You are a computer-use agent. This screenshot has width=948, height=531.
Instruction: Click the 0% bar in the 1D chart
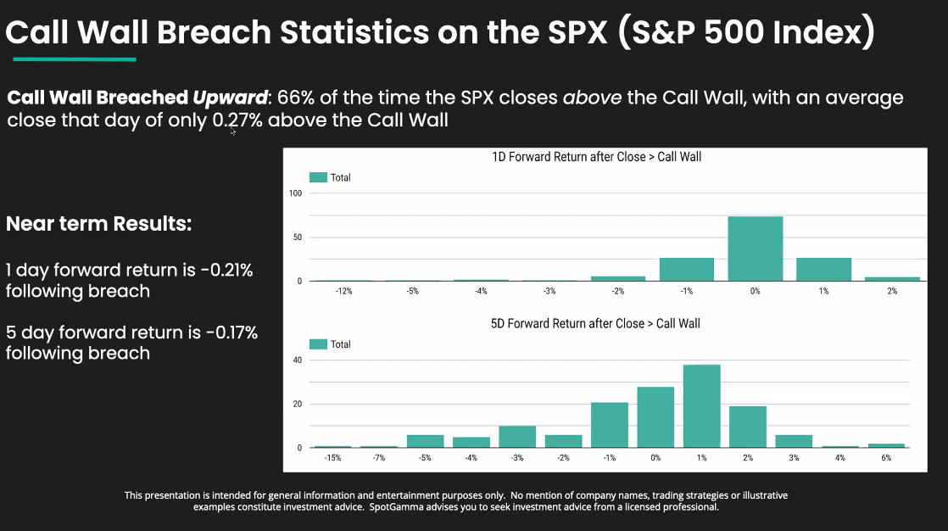click(x=755, y=249)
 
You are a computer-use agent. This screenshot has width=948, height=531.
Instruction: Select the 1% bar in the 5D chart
click(x=702, y=406)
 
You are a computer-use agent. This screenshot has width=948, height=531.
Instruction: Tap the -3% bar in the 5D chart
click(x=517, y=437)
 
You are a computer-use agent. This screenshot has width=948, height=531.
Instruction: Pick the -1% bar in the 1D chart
click(x=686, y=269)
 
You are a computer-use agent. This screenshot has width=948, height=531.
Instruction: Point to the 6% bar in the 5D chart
click(x=886, y=445)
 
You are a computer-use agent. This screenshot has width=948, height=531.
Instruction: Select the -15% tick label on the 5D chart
click(x=332, y=458)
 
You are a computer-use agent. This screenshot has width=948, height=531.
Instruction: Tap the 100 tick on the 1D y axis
click(x=296, y=193)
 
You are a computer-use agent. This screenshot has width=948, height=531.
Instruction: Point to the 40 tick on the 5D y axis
click(x=298, y=360)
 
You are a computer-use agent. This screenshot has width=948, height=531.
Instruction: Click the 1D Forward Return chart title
click(x=597, y=157)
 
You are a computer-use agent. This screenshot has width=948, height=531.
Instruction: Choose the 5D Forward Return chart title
click(x=597, y=323)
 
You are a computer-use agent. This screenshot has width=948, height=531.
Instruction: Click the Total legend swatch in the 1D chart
click(x=318, y=177)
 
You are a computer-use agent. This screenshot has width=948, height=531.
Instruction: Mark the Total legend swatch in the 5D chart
click(x=318, y=344)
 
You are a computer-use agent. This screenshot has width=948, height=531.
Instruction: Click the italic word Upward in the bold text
click(x=230, y=98)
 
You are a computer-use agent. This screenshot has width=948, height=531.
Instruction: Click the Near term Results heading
click(x=99, y=225)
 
